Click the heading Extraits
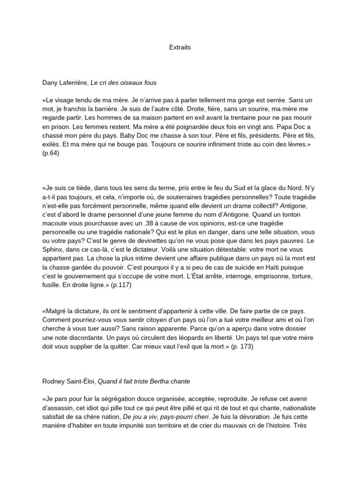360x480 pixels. point(180,47)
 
